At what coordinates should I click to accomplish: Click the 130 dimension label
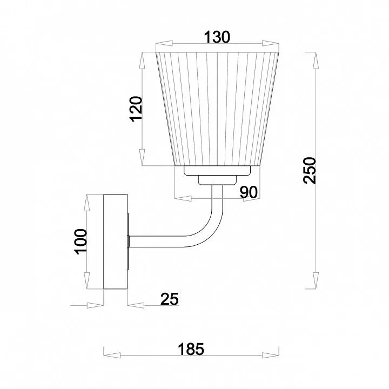click(x=217, y=37)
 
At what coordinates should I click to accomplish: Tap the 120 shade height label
click(x=136, y=109)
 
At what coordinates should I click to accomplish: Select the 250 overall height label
click(x=310, y=170)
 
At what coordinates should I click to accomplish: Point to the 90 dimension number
click(x=249, y=192)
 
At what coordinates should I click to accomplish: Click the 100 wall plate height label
click(x=81, y=242)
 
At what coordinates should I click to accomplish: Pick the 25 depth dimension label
click(x=170, y=299)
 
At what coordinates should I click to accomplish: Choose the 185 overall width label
click(x=191, y=349)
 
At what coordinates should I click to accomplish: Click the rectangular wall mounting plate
click(x=116, y=242)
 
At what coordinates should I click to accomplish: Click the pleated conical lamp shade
click(x=217, y=109)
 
